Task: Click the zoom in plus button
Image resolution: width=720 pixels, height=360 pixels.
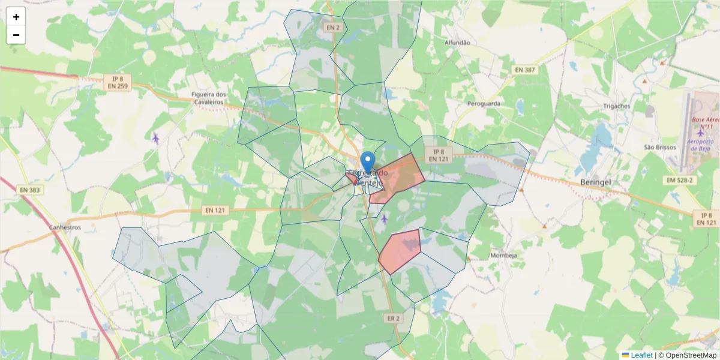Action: tap(16, 17)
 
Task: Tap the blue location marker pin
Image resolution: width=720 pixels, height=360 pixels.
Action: tap(368, 162)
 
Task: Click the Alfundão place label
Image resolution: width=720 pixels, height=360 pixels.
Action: tap(457, 43)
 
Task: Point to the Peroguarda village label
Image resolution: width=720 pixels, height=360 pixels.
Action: tap(484, 103)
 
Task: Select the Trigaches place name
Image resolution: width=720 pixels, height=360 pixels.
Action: tap(616, 106)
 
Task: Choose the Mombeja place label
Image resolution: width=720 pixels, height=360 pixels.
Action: tap(503, 255)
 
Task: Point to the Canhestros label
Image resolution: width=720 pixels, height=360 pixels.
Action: tap(65, 228)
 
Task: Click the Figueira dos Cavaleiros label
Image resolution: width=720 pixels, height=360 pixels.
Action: tap(208, 98)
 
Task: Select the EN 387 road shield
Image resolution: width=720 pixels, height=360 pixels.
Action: tap(526, 70)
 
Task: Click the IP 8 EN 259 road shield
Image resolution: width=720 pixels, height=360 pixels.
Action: tap(118, 82)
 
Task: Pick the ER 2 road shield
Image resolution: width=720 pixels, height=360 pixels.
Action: tap(392, 319)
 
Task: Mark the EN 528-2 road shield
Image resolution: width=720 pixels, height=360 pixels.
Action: tap(679, 180)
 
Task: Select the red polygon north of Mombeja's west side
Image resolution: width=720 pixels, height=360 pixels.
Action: tap(400, 250)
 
